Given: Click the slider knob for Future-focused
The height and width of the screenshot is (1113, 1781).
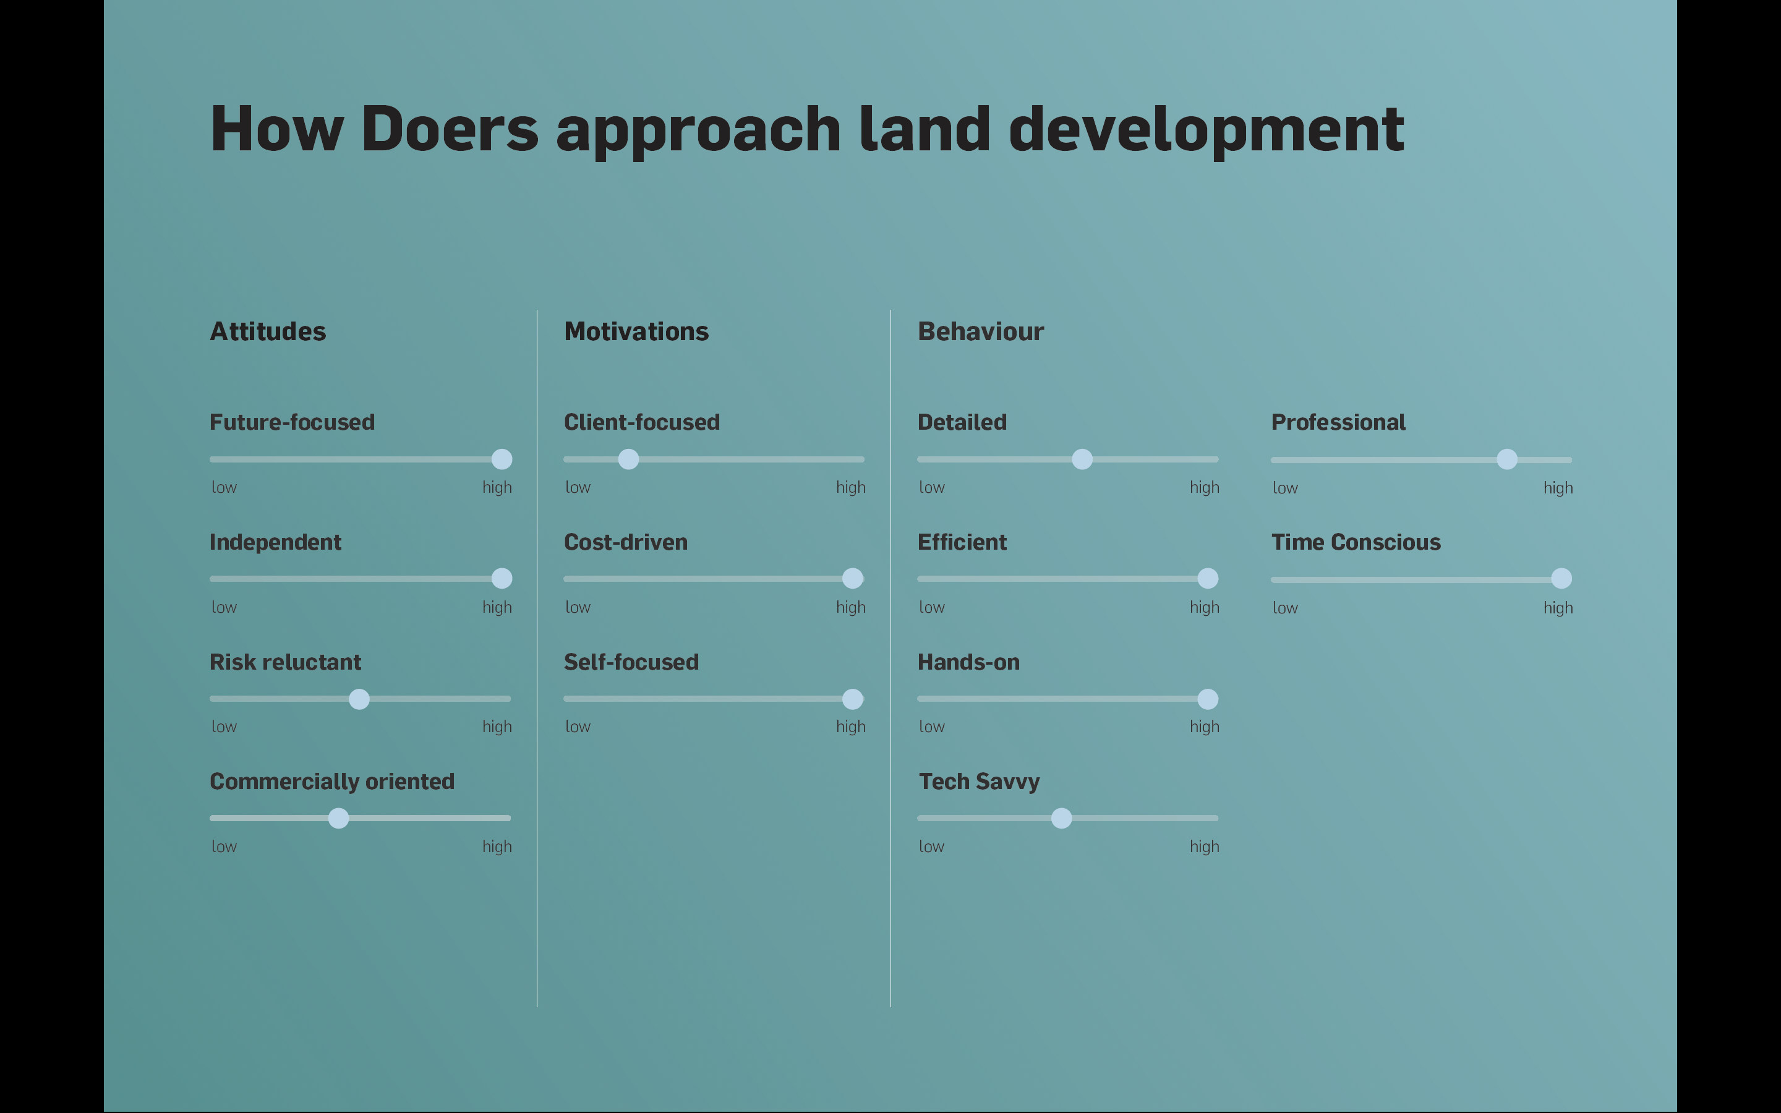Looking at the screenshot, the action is coord(502,459).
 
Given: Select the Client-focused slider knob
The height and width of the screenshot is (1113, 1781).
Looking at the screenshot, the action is coord(628,459).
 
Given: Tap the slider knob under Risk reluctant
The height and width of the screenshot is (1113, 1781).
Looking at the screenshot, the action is coord(359,699).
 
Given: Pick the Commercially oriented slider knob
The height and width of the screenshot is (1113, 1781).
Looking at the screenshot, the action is coord(338,818).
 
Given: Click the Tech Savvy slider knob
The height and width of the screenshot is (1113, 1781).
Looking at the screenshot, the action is coord(1061,818).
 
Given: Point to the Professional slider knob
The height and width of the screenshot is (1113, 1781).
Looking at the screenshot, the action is coord(1507,459).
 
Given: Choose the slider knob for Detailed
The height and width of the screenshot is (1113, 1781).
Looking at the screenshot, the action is coord(1082,459).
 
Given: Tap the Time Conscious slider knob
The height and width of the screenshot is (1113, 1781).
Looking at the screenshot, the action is coord(1561,579).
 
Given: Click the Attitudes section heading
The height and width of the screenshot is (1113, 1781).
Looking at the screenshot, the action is coord(268,331).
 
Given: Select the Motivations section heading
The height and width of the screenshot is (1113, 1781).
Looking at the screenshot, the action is coord(636,331).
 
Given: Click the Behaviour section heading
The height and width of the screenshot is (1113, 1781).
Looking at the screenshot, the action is coord(981,331).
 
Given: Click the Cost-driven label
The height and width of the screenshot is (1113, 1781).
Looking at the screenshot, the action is coord(626,542).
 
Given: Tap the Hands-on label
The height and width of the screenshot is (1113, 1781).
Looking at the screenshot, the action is coord(968,662).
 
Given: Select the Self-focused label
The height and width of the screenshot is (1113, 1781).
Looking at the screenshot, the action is coord(631,662).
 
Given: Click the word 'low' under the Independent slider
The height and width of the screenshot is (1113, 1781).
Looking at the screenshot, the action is coord(224,607).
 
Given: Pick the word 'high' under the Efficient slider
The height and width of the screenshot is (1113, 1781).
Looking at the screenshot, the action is coord(1205,607).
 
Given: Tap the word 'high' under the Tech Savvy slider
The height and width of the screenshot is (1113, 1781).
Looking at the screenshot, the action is coord(1205,846).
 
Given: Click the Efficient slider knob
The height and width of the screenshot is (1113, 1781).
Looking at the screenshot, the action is coord(1208,579).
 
